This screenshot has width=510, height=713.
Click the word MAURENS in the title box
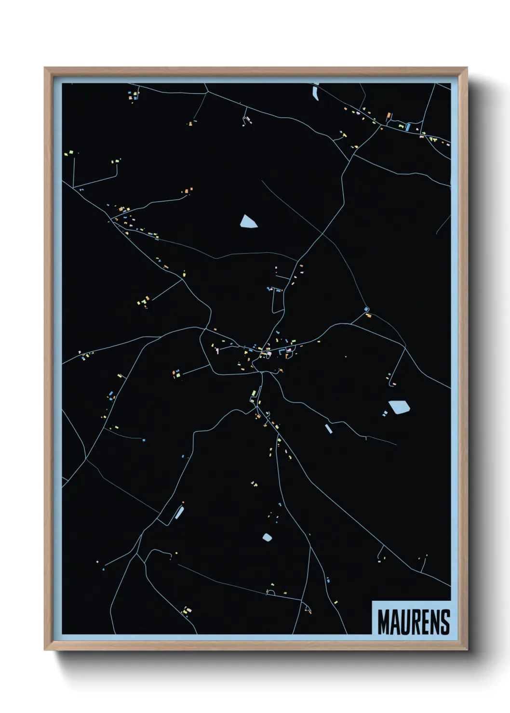[x=413, y=622]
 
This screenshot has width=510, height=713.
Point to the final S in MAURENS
[x=445, y=622]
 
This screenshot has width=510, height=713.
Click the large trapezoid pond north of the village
[x=248, y=222]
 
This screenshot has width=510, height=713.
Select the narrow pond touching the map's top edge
[x=316, y=92]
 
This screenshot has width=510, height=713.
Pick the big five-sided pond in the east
[x=400, y=407]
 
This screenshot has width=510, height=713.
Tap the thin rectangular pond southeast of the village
[x=328, y=428]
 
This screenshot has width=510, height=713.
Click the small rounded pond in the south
[x=267, y=537]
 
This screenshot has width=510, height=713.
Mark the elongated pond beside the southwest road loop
[x=179, y=512]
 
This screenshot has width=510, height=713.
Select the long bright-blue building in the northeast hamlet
[x=408, y=127]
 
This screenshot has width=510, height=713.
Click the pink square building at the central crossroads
[x=269, y=354]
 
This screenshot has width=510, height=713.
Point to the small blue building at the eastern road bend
[x=366, y=309]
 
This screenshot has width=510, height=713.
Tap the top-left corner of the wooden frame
[x=44, y=67]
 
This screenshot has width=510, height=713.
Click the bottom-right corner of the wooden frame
[x=467, y=650]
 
